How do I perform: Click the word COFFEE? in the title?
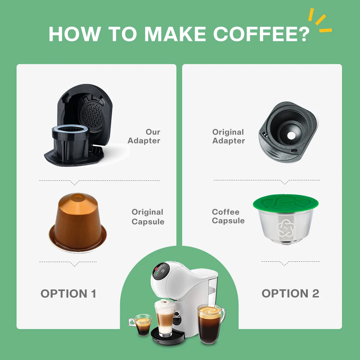[x=261, y=33]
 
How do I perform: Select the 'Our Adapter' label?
[x=144, y=136]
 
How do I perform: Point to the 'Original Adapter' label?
[x=228, y=136]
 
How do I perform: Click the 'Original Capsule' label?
[x=148, y=217]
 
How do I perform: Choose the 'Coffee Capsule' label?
[x=228, y=216]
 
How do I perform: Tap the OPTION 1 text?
[x=68, y=293]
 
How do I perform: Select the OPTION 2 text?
[x=290, y=293]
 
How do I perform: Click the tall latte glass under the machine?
[x=164, y=319]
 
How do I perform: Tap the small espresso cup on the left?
[x=143, y=324]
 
